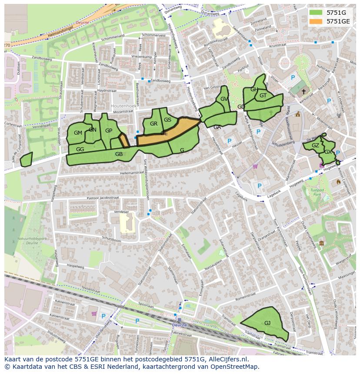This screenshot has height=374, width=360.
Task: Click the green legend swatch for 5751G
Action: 316,13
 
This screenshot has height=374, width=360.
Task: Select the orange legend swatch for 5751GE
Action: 316,21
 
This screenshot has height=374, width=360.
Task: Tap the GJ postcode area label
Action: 267,323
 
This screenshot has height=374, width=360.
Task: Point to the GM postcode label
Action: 78,133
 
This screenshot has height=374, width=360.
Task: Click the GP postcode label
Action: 109,131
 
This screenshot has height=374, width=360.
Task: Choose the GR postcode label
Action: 153,124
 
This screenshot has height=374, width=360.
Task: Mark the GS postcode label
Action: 167,120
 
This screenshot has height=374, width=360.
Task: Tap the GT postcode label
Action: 263,96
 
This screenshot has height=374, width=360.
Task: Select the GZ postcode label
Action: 315,146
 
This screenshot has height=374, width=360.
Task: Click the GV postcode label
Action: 224,99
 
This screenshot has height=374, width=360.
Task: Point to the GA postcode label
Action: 217,127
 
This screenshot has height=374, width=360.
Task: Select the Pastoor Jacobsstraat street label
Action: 103,198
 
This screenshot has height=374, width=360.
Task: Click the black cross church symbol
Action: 303,92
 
